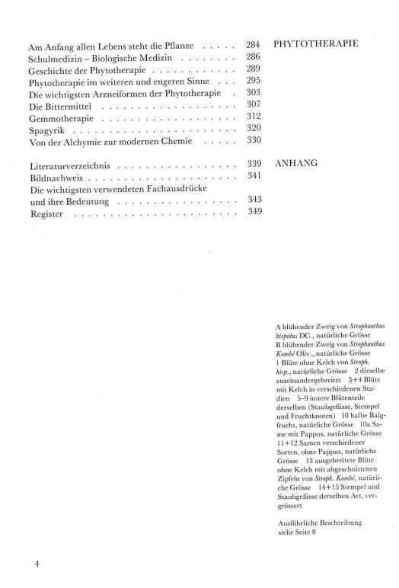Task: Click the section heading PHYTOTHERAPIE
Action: click(x=315, y=45)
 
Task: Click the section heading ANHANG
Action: click(x=295, y=163)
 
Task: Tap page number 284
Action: click(x=254, y=45)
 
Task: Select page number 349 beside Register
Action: click(x=254, y=211)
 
